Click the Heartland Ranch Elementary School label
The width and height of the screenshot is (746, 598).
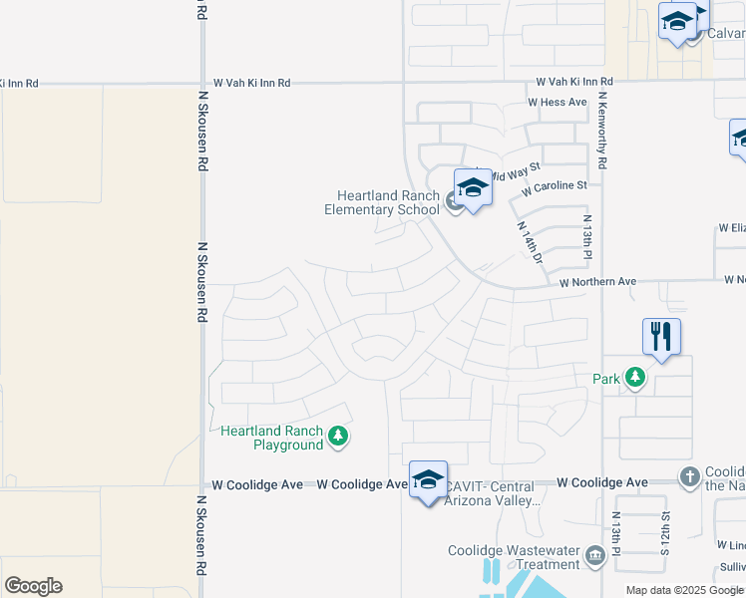(x=382, y=202)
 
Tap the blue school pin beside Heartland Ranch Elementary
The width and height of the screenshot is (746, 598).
(x=473, y=187)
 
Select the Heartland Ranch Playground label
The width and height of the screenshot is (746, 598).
(x=272, y=438)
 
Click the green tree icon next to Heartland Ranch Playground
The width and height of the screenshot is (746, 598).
(x=339, y=436)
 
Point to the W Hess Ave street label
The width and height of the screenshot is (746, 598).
(x=558, y=102)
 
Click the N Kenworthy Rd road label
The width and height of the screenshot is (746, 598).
(x=603, y=129)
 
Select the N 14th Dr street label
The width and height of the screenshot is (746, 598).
(x=529, y=242)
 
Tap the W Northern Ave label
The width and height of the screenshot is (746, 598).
(x=597, y=282)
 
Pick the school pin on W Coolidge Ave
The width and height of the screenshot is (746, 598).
(x=428, y=479)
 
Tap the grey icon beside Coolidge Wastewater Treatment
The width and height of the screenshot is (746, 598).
(x=596, y=555)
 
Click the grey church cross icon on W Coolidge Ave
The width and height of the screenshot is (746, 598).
(x=689, y=477)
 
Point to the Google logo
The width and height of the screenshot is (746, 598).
(x=33, y=586)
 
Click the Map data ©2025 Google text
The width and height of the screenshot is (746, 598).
(x=683, y=590)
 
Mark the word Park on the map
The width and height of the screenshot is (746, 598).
(x=606, y=379)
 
